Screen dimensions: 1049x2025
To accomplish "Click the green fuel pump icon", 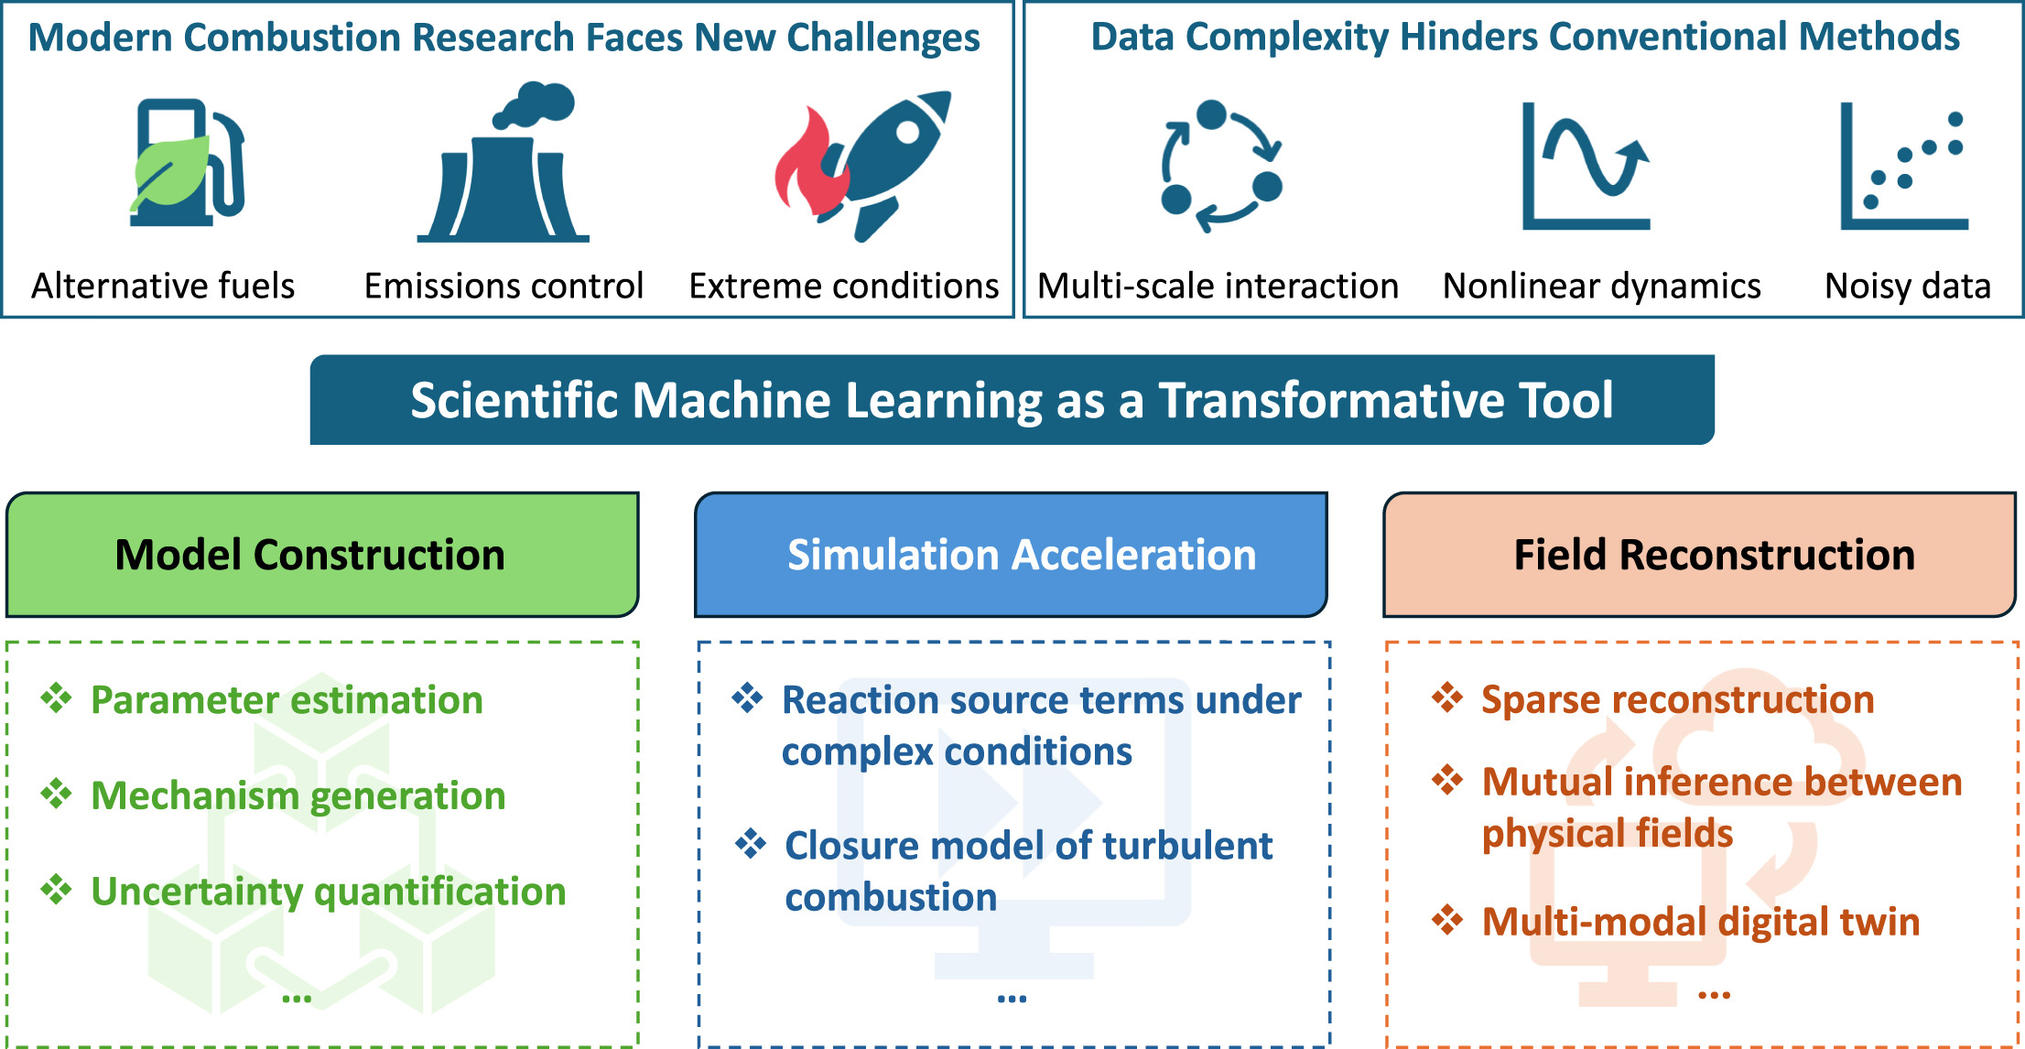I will pos(188,163).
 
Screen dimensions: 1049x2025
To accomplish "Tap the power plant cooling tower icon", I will pos(504,169).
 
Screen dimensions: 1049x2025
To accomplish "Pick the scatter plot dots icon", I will pos(1904,167).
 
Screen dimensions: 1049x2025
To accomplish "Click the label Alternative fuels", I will pos(163,286).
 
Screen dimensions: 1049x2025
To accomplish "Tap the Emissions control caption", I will pos(504,286).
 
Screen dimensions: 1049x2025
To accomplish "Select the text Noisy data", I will pos(1907,286).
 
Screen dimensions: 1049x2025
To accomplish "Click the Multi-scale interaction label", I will pos(1218,286).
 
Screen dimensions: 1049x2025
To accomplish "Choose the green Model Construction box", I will pos(322,555).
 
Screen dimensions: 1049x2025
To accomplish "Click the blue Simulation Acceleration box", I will pos(1011,555).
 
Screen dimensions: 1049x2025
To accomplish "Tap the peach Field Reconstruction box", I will pos(1699,555).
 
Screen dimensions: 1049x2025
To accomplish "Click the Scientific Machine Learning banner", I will pos(1012,400).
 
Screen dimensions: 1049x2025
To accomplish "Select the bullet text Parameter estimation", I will pos(287,700).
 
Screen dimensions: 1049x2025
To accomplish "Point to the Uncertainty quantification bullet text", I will pos(328,892).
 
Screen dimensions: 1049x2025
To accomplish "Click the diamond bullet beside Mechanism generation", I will pos(56,794).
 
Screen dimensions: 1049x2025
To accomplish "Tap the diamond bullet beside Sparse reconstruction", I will pos(1447,698).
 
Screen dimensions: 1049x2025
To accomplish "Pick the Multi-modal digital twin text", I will pos(1700,922).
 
